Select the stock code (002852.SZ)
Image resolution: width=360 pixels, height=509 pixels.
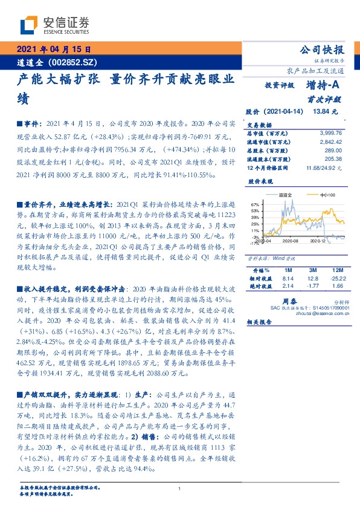tap(73, 62)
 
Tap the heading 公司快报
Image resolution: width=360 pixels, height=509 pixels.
tap(326, 50)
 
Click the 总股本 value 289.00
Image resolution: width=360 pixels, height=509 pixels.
tap(333, 149)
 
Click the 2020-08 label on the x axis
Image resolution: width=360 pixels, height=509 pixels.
tap(290, 241)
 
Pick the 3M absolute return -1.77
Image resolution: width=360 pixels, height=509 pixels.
tap(312, 285)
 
